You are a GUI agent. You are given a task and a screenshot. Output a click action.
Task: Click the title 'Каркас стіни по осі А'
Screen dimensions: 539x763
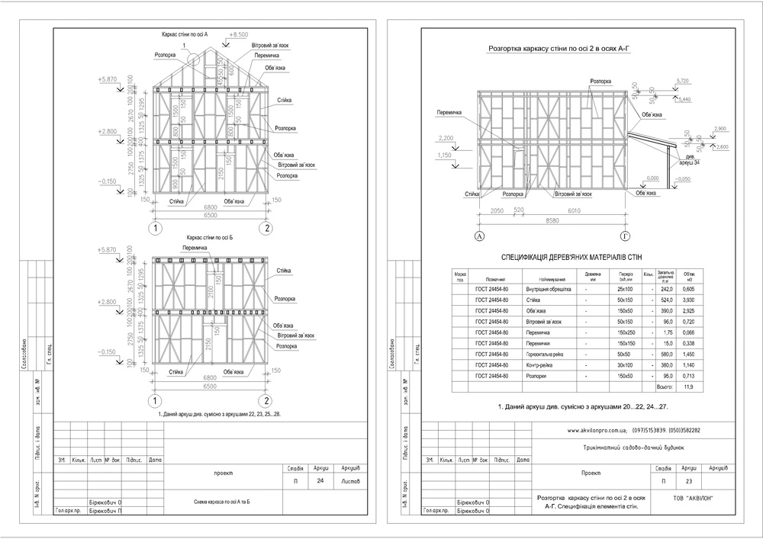point(185,35)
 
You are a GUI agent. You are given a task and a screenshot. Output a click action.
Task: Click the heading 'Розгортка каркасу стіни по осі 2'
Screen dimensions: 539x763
point(562,49)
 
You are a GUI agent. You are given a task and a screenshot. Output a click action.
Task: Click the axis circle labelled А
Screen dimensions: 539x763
point(481,237)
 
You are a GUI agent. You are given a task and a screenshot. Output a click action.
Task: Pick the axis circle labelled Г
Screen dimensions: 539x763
point(626,237)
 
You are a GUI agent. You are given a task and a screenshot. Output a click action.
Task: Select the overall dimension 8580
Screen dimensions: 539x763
point(554,220)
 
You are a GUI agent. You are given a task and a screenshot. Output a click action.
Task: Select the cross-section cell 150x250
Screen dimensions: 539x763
point(626,333)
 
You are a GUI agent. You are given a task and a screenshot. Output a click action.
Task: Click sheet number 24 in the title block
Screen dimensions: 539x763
point(320,482)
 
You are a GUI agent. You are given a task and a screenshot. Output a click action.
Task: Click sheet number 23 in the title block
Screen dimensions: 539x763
point(689,482)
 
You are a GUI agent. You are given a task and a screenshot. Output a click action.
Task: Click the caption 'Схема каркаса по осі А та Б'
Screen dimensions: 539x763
point(222,502)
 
